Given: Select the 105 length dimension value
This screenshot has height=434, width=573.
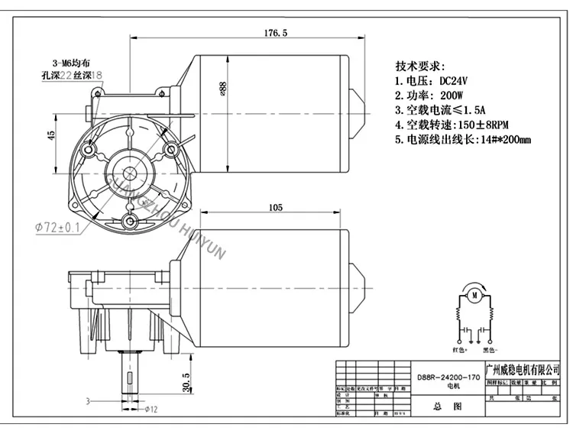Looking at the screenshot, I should pos(276,207).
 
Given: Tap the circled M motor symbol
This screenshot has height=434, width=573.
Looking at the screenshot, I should pos(474,294).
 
